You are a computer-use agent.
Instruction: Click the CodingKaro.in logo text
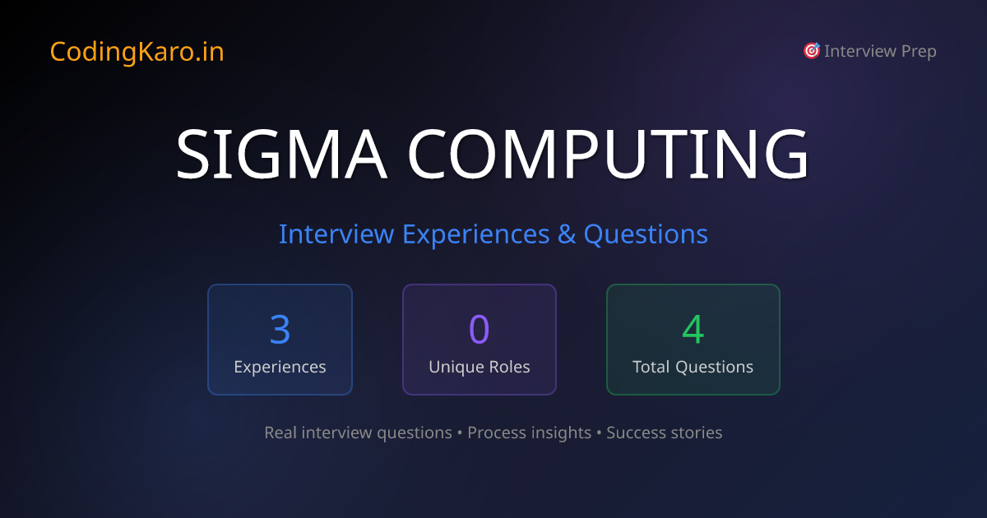(x=137, y=52)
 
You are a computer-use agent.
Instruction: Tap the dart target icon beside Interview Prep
(x=811, y=51)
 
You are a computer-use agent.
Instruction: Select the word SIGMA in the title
(x=280, y=154)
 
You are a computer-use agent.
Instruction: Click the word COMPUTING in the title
(x=609, y=154)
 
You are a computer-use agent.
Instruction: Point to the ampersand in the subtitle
(x=567, y=234)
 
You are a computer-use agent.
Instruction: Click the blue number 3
(x=280, y=329)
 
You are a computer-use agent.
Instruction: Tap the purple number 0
(x=479, y=329)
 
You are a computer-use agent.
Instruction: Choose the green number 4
(x=693, y=329)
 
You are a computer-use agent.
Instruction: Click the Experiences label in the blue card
(x=280, y=368)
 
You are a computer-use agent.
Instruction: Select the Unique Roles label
(x=479, y=368)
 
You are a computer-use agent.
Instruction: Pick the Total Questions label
(x=693, y=368)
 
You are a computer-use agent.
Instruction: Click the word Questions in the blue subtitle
(x=646, y=234)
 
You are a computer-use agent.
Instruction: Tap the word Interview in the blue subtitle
(x=336, y=234)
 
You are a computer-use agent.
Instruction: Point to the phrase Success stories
(x=665, y=432)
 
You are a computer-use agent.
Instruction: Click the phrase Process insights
(x=529, y=432)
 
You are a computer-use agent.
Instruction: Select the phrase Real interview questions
(x=358, y=432)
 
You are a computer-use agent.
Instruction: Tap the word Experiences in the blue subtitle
(x=475, y=234)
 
